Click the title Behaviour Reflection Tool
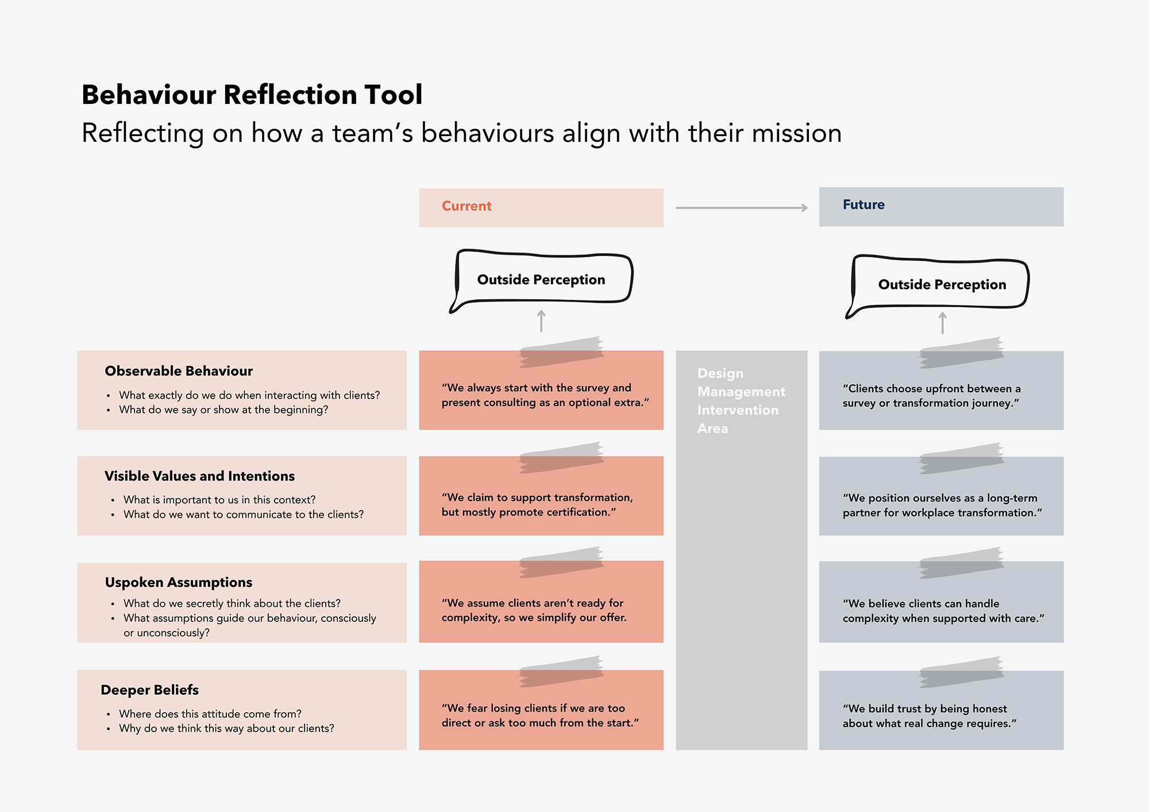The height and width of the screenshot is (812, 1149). tap(252, 95)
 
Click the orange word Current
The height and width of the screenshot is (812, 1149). tap(466, 206)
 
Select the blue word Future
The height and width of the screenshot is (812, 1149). tap(863, 205)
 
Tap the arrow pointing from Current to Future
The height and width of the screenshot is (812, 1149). tap(742, 208)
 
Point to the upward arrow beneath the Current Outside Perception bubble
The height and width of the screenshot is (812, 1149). tap(541, 321)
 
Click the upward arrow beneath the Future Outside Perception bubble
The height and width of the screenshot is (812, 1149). tap(942, 323)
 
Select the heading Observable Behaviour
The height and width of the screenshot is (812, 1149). tap(179, 371)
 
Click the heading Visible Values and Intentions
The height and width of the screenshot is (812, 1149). tap(199, 476)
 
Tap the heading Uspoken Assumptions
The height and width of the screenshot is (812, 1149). tap(179, 582)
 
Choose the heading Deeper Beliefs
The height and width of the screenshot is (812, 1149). tap(149, 690)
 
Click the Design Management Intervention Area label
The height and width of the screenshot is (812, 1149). tap(741, 401)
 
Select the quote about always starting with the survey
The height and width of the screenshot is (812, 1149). tap(545, 395)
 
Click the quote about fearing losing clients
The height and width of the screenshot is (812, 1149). tap(540, 716)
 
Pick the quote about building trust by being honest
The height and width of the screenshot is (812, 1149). tap(930, 716)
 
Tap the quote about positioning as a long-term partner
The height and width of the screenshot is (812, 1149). tap(942, 505)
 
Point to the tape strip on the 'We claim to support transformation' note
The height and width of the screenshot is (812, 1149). tap(561, 458)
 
